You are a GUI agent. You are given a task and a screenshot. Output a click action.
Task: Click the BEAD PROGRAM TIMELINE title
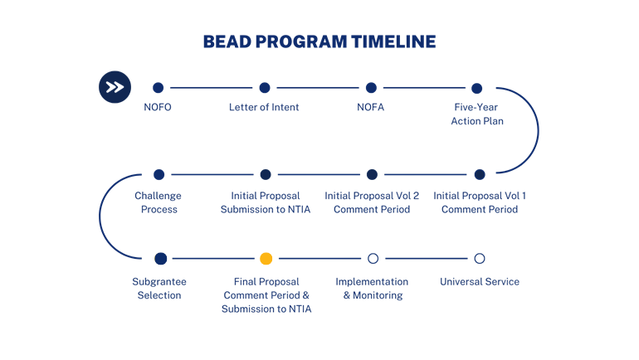[x=319, y=41]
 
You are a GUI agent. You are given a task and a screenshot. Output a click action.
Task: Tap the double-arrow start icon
[x=115, y=87]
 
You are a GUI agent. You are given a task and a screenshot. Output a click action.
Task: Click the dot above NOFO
[x=158, y=88]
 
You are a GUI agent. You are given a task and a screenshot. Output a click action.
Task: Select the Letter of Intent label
[x=264, y=107]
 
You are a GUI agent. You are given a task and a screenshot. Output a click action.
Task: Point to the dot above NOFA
[x=371, y=88]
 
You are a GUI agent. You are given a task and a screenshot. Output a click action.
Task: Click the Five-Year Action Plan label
[x=477, y=114]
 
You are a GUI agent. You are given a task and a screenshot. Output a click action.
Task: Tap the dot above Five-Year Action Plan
[x=477, y=88]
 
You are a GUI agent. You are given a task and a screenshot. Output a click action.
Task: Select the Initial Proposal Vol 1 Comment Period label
[x=480, y=202]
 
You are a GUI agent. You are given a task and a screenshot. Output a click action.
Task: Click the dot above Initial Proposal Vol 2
[x=372, y=174]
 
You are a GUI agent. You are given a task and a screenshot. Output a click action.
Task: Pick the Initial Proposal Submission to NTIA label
[x=266, y=202]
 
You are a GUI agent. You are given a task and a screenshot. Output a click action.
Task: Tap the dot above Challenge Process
[x=159, y=174]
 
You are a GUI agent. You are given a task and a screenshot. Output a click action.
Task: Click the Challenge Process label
[x=159, y=202]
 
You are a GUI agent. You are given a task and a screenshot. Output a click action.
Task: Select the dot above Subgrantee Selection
[x=161, y=259]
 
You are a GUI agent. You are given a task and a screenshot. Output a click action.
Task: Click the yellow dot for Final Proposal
[x=266, y=259]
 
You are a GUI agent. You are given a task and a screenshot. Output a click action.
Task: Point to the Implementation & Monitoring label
[x=372, y=288]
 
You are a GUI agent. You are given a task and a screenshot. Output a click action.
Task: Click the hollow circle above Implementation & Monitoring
[x=373, y=259]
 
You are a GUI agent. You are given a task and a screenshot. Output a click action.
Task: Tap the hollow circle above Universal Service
[x=480, y=259]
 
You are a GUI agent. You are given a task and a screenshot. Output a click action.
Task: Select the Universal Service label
[x=480, y=282]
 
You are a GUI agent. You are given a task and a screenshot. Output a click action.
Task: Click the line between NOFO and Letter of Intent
[x=211, y=88]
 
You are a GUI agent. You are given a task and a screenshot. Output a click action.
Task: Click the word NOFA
[x=371, y=107]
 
